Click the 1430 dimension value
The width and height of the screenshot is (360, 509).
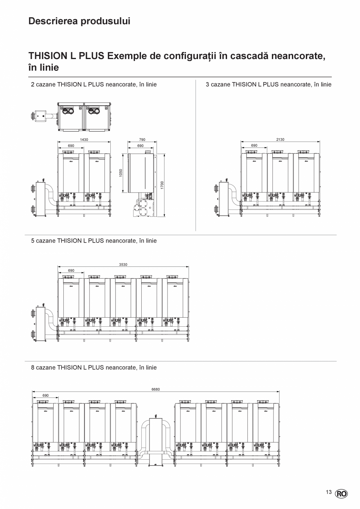84,140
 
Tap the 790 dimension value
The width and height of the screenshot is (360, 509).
142,140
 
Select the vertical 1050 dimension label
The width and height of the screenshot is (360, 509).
121,173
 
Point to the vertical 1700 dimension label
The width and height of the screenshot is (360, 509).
162,185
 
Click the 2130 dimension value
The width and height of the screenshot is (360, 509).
280,140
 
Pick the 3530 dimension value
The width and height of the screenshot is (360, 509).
123,265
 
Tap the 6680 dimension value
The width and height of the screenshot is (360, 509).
156,389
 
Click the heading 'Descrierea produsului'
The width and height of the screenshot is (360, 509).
79,21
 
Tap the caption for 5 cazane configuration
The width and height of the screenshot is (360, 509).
94,241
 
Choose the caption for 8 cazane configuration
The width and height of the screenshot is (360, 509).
94,368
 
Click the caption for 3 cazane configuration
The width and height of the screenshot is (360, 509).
268,85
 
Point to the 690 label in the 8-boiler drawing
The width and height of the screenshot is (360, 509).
45,396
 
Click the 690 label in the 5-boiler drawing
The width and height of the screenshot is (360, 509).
71,271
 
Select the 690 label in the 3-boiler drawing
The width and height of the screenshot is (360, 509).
254,146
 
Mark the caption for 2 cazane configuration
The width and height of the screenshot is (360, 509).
94,85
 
